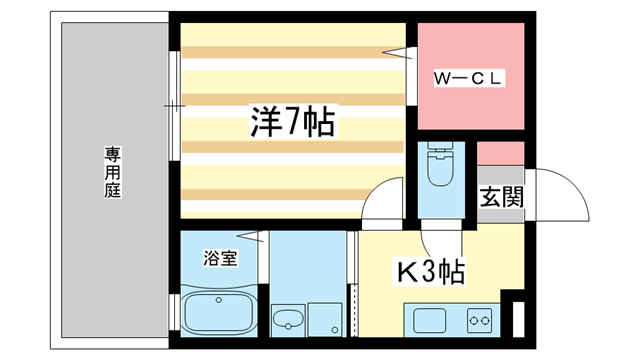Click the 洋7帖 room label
(292, 124)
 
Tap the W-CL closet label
(468, 77)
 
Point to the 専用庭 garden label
(112, 171)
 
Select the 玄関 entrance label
(501, 196)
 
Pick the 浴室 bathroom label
(221, 258)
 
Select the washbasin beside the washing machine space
(288, 321)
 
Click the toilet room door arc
(432, 236)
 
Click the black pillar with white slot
(516, 319)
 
